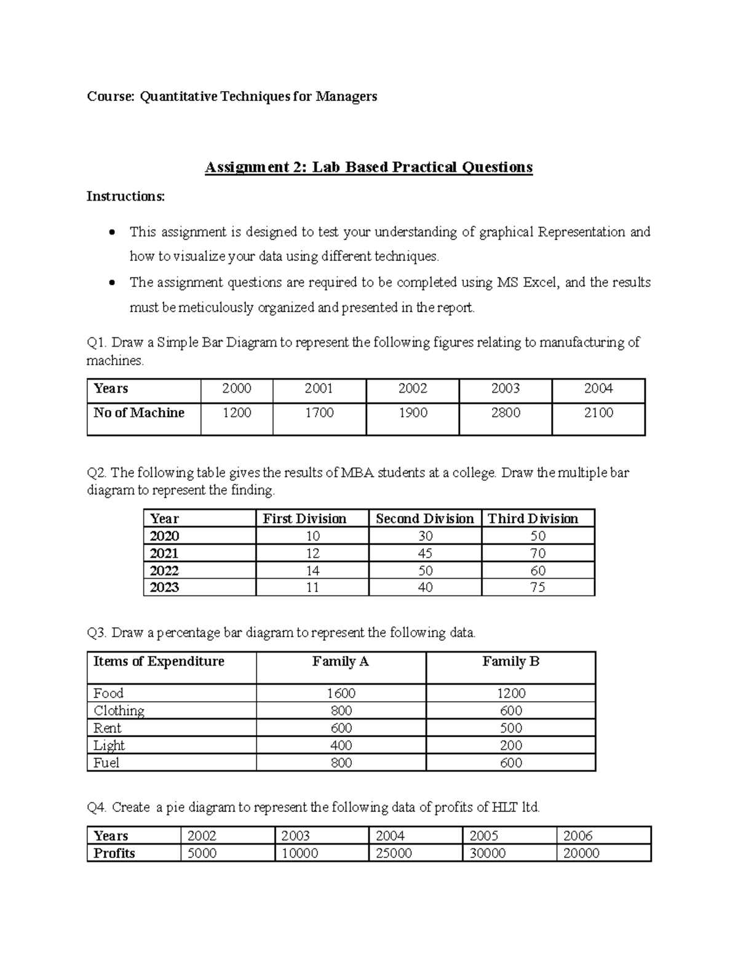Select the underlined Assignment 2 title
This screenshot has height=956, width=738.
coord(368,167)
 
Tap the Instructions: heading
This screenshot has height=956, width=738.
coord(125,196)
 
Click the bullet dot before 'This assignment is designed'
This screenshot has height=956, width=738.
coord(111,233)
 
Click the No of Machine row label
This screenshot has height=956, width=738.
coord(139,413)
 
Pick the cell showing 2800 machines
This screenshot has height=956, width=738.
coord(506,413)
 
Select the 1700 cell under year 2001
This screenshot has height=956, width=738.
coord(319,413)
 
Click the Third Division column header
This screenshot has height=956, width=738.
coord(533,519)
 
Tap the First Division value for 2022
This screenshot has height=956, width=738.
coord(312,571)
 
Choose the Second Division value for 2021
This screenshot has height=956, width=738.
coord(425,553)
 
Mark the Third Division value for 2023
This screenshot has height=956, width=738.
coord(538,588)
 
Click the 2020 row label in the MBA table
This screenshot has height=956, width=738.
coord(165,536)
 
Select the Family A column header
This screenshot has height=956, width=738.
coord(340,662)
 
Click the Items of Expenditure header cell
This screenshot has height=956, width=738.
coord(159,662)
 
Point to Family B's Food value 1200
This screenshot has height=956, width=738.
coord(511,694)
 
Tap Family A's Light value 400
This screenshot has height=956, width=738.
coord(341,745)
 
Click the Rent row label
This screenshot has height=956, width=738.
coord(108,728)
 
